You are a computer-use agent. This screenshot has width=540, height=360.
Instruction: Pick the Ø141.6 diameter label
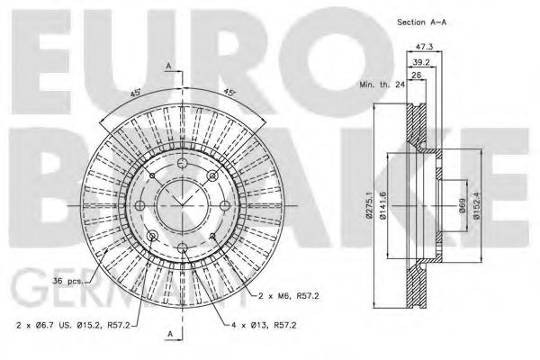click(x=383, y=212)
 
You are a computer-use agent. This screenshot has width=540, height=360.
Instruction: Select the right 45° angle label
click(x=229, y=90)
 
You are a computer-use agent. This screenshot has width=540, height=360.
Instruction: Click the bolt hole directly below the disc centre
click(x=181, y=247)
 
